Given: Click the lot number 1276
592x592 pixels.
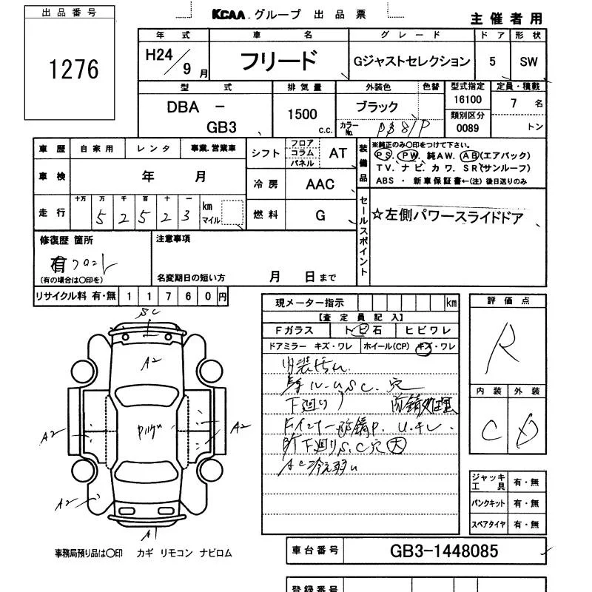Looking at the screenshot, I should (73, 69).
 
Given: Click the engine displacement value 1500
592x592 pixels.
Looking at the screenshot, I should (302, 114).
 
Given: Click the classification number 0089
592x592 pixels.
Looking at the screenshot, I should (466, 128).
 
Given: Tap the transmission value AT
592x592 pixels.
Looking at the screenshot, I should (337, 153).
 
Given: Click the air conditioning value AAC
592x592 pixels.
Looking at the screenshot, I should (320, 185).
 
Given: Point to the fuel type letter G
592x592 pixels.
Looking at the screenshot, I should (320, 215).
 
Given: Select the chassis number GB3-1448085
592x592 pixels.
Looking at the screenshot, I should (444, 551).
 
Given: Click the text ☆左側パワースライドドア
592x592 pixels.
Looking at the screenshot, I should (448, 217).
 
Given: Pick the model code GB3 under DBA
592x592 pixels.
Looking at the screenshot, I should (221, 127).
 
